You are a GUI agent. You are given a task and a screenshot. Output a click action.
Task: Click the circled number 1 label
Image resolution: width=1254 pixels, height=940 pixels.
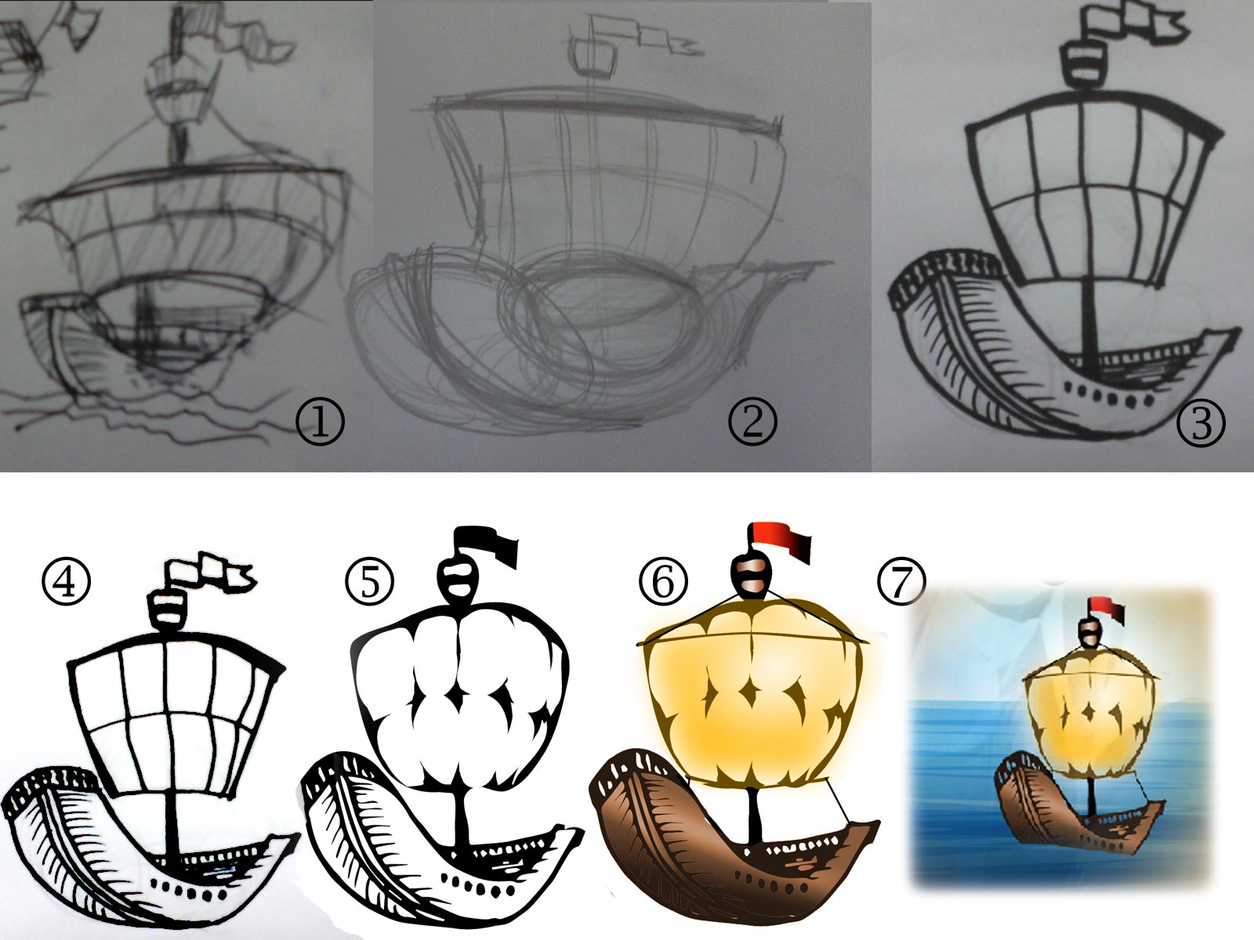point(320,421)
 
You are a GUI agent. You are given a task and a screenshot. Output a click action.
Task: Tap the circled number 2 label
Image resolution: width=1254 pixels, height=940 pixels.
point(752,421)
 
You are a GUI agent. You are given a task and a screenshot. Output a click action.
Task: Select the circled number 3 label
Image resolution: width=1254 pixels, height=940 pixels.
point(1201,423)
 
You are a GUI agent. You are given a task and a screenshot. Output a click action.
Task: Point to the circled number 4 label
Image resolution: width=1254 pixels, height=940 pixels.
point(67,581)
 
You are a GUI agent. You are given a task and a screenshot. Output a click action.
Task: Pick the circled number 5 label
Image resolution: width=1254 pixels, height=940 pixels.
point(370,582)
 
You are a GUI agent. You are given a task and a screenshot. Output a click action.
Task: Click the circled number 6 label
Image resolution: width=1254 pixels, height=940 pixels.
point(663,581)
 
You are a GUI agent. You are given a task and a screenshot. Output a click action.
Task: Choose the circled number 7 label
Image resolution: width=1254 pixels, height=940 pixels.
point(901,581)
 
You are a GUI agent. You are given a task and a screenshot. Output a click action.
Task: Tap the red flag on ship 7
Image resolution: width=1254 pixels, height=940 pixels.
point(1106,609)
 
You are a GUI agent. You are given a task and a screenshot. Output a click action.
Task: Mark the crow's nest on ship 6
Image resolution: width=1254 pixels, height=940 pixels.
point(752,577)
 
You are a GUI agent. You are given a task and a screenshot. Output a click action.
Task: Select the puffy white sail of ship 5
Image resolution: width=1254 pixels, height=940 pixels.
point(460,696)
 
